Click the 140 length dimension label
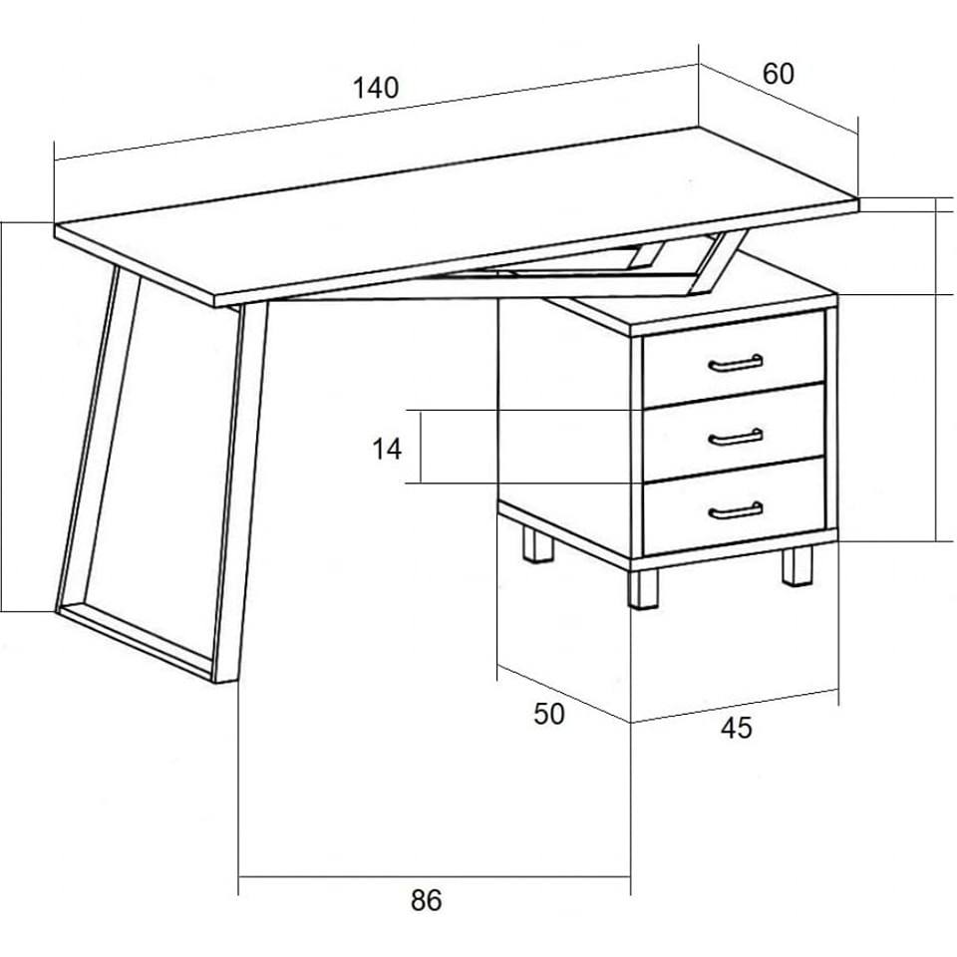[376, 88]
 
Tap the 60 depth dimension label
[779, 74]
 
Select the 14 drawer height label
[387, 450]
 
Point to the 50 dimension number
[549, 714]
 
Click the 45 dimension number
[736, 728]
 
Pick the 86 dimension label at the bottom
[426, 900]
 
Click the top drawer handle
[736, 364]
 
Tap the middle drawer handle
[736, 438]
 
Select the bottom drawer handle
[736, 511]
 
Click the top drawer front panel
[735, 359]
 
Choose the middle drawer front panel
[735, 432]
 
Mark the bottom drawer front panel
[735, 506]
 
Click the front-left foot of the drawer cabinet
[643, 589]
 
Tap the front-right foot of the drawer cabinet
[797, 566]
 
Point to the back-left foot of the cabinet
[537, 544]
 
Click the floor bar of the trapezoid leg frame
[138, 642]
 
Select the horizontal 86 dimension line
[434, 877]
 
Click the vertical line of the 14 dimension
[421, 447]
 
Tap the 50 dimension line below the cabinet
[564, 694]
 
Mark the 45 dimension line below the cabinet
[735, 706]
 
